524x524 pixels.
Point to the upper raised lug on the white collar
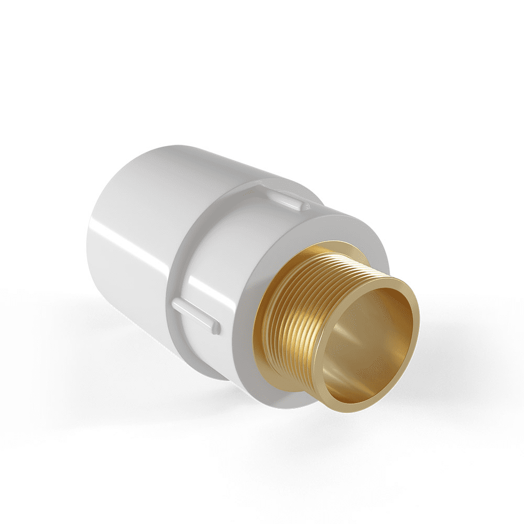click(288, 199)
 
